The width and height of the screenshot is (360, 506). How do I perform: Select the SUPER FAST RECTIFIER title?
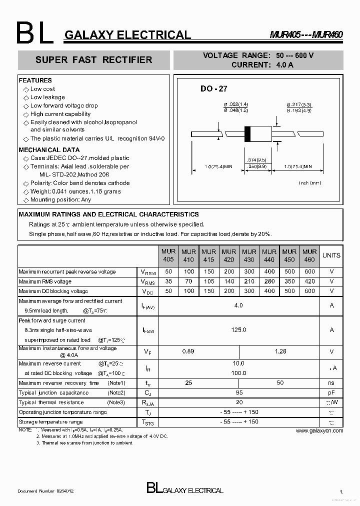[x=93, y=60]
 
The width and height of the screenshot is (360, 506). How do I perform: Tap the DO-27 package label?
[x=213, y=88]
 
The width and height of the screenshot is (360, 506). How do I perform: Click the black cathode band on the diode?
[x=247, y=134]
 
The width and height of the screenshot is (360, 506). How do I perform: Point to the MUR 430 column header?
[x=249, y=255]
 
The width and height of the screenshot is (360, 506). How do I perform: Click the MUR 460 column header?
[x=309, y=255]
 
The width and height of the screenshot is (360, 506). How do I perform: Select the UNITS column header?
[x=331, y=255]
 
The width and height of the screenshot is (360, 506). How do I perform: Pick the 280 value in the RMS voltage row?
[x=269, y=281]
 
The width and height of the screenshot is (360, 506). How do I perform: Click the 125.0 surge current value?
[x=238, y=330]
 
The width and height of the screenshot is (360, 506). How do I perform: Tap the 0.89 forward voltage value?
[x=188, y=352]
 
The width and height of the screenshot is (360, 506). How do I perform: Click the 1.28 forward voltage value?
[x=280, y=352]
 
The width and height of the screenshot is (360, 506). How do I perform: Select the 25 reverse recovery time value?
[x=188, y=383]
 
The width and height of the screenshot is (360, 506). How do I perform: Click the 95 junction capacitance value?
[x=238, y=393]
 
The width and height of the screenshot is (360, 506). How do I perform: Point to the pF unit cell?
[x=331, y=393]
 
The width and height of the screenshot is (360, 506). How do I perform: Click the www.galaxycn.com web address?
[x=319, y=430]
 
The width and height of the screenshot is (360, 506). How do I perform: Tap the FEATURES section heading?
[x=35, y=80]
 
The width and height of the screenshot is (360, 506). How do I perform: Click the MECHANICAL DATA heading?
[x=49, y=150]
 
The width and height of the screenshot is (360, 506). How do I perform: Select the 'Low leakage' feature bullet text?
[x=47, y=97]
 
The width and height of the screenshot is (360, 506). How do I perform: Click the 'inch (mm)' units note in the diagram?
[x=310, y=183]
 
